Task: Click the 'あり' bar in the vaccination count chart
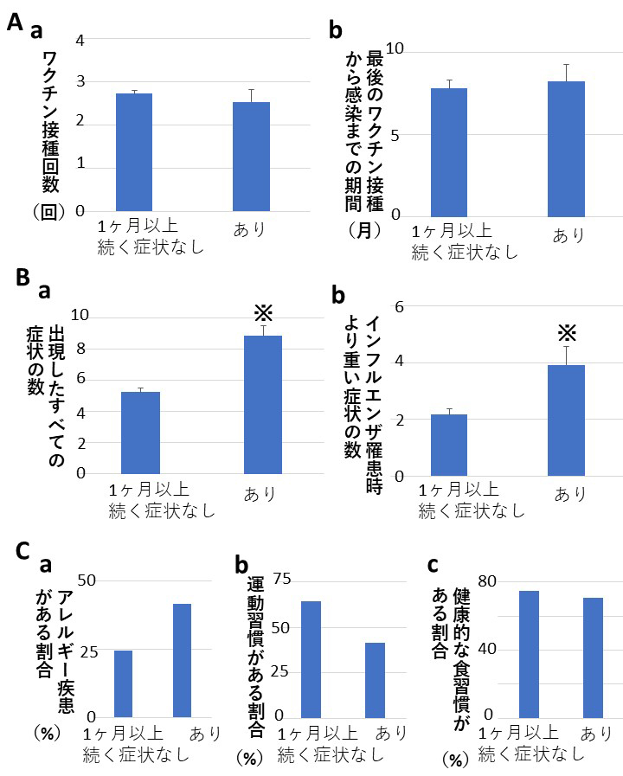[251, 156]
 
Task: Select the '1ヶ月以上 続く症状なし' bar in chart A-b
[448, 151]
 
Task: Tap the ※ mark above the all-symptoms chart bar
[263, 313]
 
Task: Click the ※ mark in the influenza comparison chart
[567, 333]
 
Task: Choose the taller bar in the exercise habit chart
[311, 658]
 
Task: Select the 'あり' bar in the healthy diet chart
[594, 657]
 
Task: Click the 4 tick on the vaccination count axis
[80, 41]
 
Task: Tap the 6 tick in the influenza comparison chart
[401, 306]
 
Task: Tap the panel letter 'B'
[23, 279]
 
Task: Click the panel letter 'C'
[23, 552]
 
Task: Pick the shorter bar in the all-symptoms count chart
[140, 433]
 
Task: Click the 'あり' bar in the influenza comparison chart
[567, 420]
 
